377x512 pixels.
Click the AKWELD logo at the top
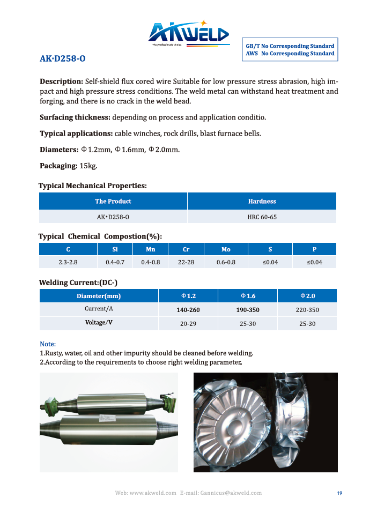coord(189,34)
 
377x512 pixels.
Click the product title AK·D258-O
coord(62,58)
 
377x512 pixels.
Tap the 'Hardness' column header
coord(262,201)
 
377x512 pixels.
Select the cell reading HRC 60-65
coord(262,217)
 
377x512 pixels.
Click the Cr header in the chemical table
coord(186,249)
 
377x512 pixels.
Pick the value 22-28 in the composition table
coord(186,262)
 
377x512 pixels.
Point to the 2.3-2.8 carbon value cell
coord(68,262)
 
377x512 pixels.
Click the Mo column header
coord(226,249)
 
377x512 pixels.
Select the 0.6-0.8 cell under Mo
coord(226,262)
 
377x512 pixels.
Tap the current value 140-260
coord(188,310)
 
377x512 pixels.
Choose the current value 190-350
coord(248,310)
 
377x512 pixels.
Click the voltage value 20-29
coord(188,324)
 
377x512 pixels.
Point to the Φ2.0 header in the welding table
coord(307,296)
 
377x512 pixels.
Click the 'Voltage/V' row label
coord(99,323)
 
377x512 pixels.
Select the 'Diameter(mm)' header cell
coord(99,296)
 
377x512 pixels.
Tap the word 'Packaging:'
coord(59,166)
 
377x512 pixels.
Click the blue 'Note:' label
coord(48,344)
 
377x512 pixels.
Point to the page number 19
coord(339,493)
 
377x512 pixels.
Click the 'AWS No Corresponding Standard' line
coord(290,54)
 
